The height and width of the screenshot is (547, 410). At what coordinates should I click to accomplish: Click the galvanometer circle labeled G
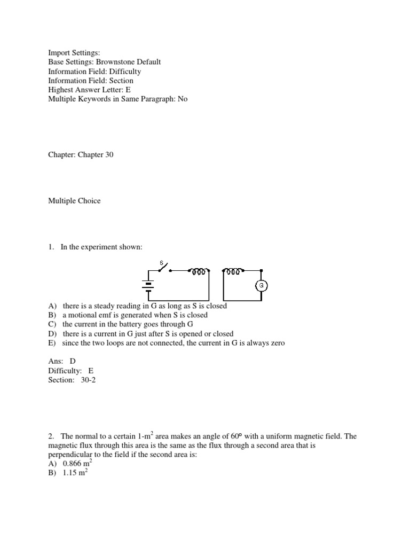pyautogui.click(x=262, y=286)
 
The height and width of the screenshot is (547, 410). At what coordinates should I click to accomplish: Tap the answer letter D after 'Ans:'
pyautogui.click(x=73, y=361)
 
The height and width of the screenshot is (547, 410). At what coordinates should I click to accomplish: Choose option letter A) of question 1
pyautogui.click(x=52, y=306)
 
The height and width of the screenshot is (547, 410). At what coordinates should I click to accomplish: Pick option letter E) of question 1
pyautogui.click(x=52, y=342)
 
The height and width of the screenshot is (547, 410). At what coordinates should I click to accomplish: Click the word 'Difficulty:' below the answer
pyautogui.click(x=65, y=370)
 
